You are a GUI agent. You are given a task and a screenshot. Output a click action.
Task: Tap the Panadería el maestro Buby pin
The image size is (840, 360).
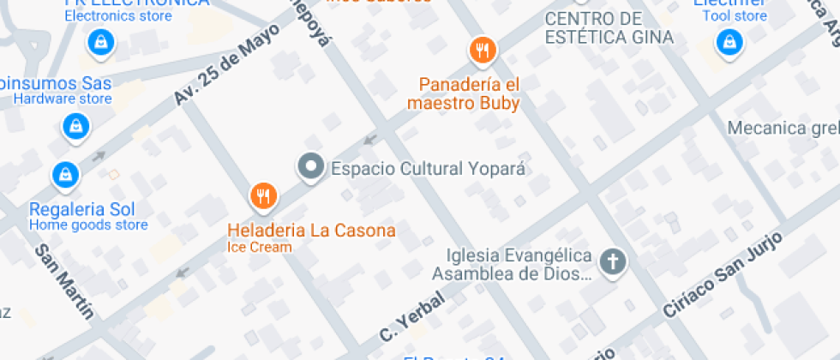pos(483,50)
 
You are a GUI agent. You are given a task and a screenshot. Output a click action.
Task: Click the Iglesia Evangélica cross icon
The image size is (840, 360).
pos(612,261)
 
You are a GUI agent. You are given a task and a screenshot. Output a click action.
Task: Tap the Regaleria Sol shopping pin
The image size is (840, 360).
pos(65,174)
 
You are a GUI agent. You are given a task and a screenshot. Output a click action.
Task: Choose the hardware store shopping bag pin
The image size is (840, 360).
pos(76,128)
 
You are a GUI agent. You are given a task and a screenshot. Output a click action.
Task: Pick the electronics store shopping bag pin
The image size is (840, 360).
pos(101,40)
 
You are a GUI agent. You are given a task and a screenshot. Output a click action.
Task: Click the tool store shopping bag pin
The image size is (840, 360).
pos(729,40)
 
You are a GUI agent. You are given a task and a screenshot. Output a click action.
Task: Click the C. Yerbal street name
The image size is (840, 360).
pos(411,316)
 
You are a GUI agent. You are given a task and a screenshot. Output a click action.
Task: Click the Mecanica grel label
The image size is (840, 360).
pos(782,129)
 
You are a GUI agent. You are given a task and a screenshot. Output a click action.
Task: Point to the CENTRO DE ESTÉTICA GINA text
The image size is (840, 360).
pos(609,28)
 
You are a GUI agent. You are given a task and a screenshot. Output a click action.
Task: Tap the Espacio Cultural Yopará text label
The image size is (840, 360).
pos(427,168)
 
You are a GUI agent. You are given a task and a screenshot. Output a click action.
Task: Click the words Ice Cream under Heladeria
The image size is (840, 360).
pos(260,248)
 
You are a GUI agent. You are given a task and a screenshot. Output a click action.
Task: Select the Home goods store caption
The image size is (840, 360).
pos(88,225)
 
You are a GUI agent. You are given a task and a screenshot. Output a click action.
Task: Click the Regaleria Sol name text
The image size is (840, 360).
pos(81,210)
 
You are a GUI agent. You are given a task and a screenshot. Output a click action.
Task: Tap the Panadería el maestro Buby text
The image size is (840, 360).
pos(470,93)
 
